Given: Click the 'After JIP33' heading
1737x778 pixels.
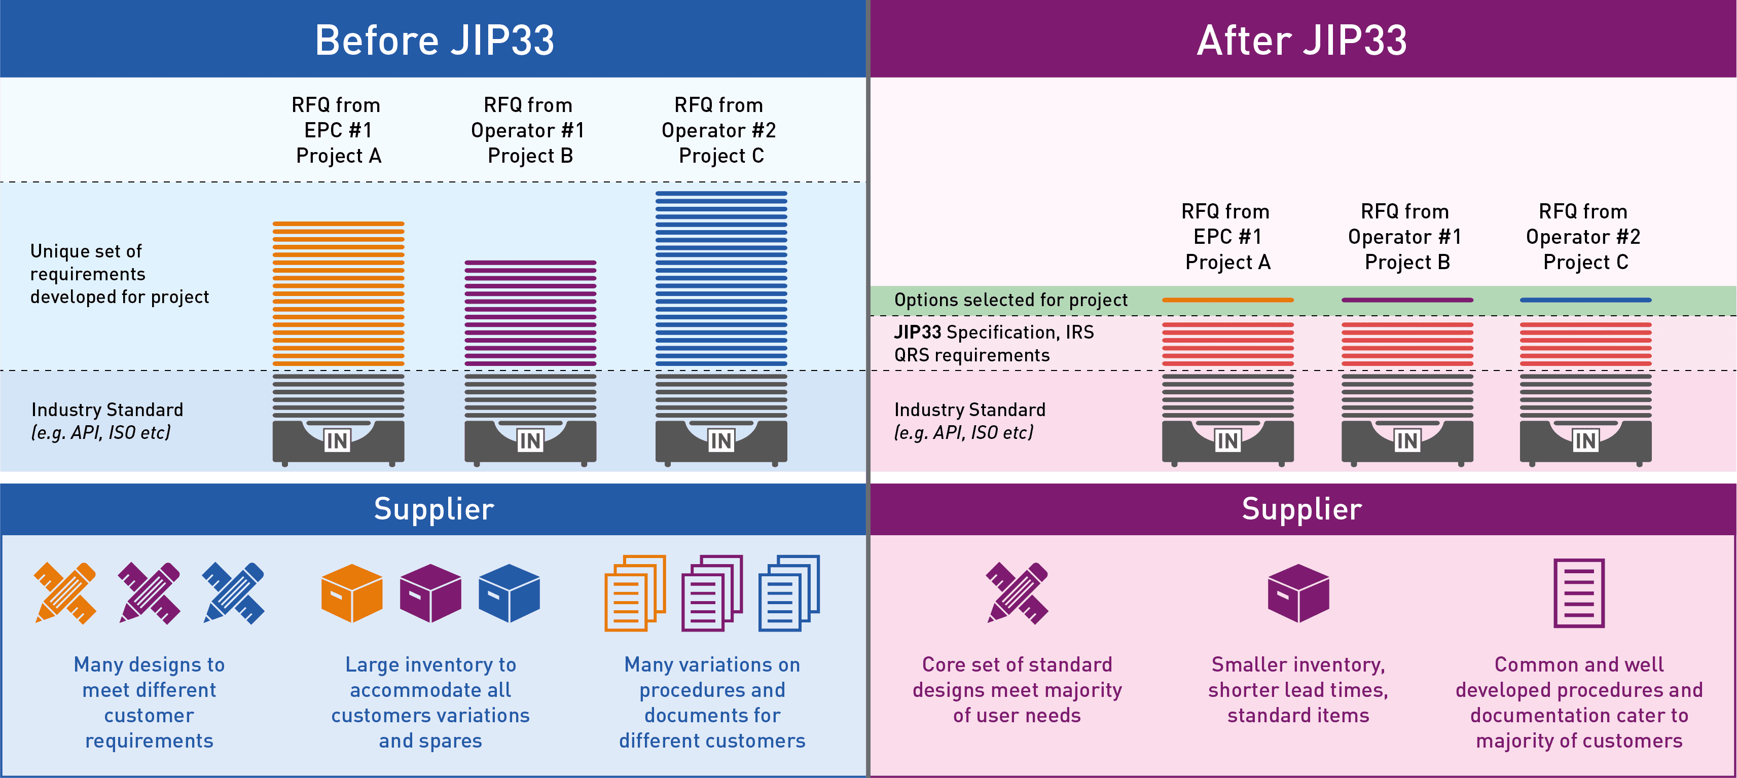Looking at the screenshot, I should (1301, 41).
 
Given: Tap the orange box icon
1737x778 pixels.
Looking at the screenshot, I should (351, 594).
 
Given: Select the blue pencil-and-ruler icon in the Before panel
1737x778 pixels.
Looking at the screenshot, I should (233, 594).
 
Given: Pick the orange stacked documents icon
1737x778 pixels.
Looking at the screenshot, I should (635, 594).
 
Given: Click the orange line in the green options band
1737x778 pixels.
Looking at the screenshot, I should (1227, 300).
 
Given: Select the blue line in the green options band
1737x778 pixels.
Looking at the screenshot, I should (1585, 300).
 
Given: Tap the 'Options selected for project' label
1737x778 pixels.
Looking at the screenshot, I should (1010, 300).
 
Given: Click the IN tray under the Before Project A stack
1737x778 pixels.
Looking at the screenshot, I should (338, 441).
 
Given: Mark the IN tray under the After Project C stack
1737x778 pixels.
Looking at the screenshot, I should (1585, 441).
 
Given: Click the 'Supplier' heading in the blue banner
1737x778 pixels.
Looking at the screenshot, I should (433, 509).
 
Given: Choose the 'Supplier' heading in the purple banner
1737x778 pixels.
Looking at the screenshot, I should (1301, 509).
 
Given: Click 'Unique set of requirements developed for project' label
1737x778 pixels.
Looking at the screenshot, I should (119, 274).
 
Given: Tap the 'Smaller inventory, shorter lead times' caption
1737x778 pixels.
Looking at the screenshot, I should (1298, 690).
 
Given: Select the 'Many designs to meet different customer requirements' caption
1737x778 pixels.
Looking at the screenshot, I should (149, 702).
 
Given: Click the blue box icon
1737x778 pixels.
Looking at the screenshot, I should (509, 594).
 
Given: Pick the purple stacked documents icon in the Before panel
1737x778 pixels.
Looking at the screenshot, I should (711, 594).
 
